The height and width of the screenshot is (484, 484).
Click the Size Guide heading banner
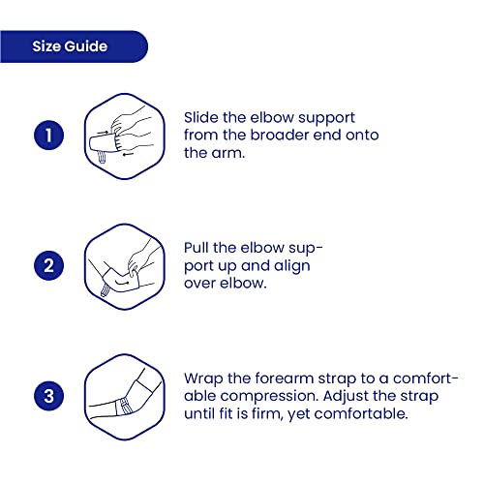[74, 46]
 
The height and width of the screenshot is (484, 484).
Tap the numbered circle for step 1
[48, 135]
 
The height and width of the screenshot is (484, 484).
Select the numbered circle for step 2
[48, 265]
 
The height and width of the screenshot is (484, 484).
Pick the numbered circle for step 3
[48, 396]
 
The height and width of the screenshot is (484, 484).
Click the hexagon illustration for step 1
[125, 136]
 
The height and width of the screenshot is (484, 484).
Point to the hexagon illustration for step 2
[125, 267]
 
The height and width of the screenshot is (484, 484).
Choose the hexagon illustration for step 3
[125, 397]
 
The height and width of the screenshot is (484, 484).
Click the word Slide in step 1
[201, 117]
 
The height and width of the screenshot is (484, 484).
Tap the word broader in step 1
[280, 136]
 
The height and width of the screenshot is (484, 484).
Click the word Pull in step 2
[197, 248]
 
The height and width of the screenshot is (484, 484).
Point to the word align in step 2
[291, 266]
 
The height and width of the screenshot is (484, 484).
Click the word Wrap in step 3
[203, 379]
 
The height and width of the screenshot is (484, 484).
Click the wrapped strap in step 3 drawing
[125, 408]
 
